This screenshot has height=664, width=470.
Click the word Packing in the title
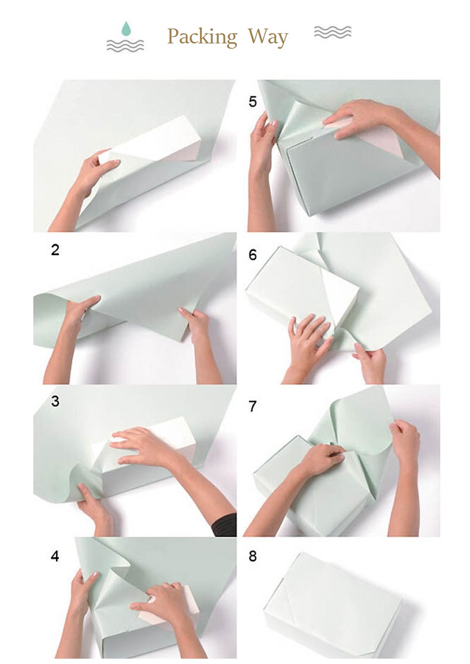[202, 37]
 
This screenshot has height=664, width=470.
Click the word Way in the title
[268, 37]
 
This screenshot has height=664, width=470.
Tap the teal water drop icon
[126, 29]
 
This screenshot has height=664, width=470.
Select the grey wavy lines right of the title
[333, 32]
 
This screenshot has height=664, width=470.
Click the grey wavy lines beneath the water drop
[125, 45]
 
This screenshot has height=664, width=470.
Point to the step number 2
[55, 250]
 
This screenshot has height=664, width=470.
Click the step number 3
[55, 401]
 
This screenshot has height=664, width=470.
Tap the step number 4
[55, 556]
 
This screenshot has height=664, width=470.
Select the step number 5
[253, 102]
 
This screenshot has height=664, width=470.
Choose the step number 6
[253, 254]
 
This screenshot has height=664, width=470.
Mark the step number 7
[253, 407]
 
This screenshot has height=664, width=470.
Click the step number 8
[253, 556]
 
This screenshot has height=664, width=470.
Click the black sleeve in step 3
[224, 525]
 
